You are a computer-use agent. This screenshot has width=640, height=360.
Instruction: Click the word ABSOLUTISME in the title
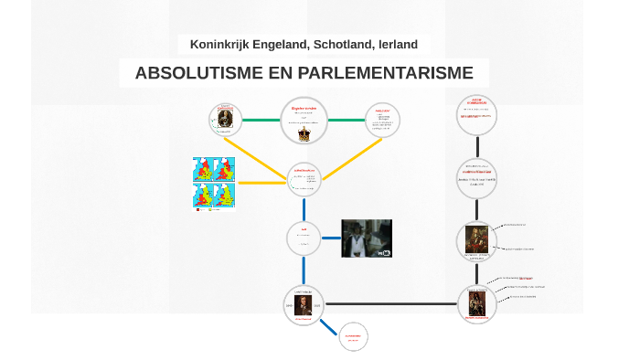189,73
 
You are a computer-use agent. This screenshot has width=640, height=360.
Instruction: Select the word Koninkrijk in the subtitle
220,44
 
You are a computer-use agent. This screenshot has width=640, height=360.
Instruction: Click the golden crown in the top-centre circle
304,133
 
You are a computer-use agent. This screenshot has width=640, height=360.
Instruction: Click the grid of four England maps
215,183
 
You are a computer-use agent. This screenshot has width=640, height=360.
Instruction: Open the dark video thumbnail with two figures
366,238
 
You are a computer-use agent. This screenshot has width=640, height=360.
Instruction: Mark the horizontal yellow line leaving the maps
261,183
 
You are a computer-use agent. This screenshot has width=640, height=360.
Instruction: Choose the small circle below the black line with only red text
353,337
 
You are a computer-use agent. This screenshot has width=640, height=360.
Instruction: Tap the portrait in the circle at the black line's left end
304,305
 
